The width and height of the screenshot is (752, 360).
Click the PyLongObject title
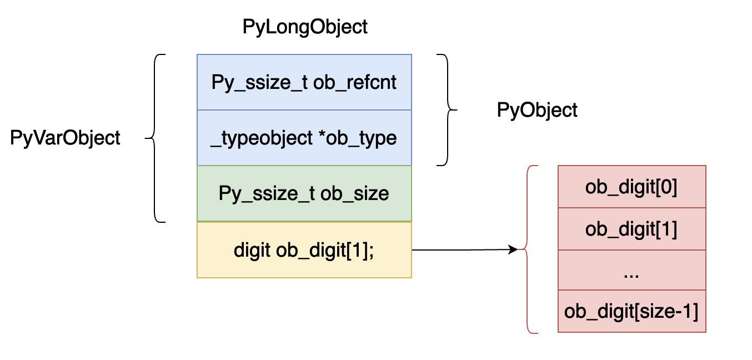point(305,27)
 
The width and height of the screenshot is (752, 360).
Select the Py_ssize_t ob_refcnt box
point(304,82)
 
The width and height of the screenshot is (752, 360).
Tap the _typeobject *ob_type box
point(304,138)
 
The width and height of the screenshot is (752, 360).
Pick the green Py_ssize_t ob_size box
point(304,193)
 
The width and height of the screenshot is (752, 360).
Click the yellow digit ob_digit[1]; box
point(304,251)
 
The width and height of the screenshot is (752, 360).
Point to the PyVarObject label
point(66,138)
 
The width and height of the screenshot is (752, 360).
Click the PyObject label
point(537,110)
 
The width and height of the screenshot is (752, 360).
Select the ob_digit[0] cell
point(631,187)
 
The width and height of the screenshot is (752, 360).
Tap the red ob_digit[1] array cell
point(631,229)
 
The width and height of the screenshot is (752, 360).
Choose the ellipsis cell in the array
point(631,270)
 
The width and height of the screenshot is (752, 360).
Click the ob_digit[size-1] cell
point(631,311)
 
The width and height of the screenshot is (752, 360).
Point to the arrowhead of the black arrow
point(513,250)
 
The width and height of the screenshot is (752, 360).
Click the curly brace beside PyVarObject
point(156,138)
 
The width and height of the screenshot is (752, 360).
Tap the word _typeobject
point(262,138)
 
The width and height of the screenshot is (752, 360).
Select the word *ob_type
point(358,138)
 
